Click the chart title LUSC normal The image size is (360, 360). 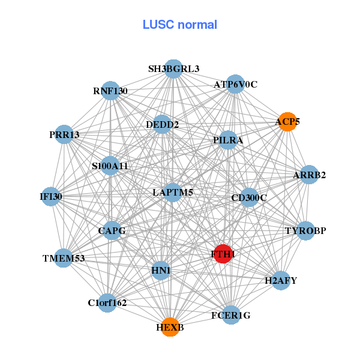[x=179, y=25]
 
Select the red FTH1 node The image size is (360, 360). [x=223, y=254]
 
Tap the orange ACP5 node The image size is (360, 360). [x=287, y=122]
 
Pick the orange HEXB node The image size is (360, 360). [x=170, y=327]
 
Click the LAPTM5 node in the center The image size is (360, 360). [x=173, y=192]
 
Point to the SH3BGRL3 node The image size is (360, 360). [x=173, y=69]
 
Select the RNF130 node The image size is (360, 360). [x=110, y=91]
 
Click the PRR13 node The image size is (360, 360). [x=65, y=134]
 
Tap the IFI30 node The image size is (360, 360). [x=51, y=196]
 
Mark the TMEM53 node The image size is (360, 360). [x=64, y=258]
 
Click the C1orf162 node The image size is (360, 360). [x=107, y=302]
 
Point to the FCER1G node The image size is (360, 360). [x=231, y=314]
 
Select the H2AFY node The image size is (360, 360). [x=281, y=280]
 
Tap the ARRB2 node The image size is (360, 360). [x=309, y=175]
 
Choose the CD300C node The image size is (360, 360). [x=249, y=197]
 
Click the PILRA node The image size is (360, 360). [x=228, y=140]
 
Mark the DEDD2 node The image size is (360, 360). [x=163, y=125]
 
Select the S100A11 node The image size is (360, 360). [x=110, y=166]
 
